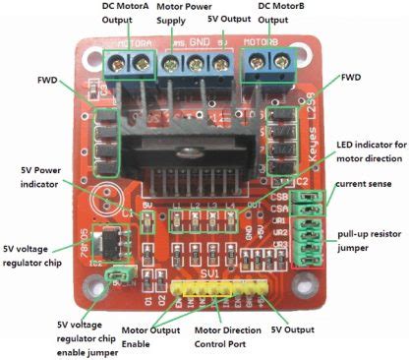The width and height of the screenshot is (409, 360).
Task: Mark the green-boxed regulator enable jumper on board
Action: pos(119,276)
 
